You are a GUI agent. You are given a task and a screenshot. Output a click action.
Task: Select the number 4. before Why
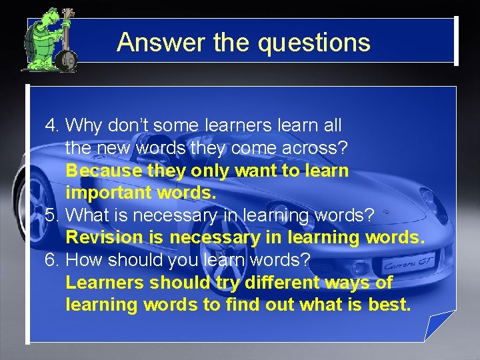[x=53, y=125]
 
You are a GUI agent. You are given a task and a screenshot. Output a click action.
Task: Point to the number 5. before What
[x=53, y=216]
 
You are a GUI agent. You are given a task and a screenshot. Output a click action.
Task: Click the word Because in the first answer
[x=103, y=171]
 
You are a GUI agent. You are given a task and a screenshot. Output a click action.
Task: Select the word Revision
[x=104, y=238]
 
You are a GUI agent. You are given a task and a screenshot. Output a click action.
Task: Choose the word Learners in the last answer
[x=105, y=283]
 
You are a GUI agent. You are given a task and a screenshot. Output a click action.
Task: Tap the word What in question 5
[x=89, y=216]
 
